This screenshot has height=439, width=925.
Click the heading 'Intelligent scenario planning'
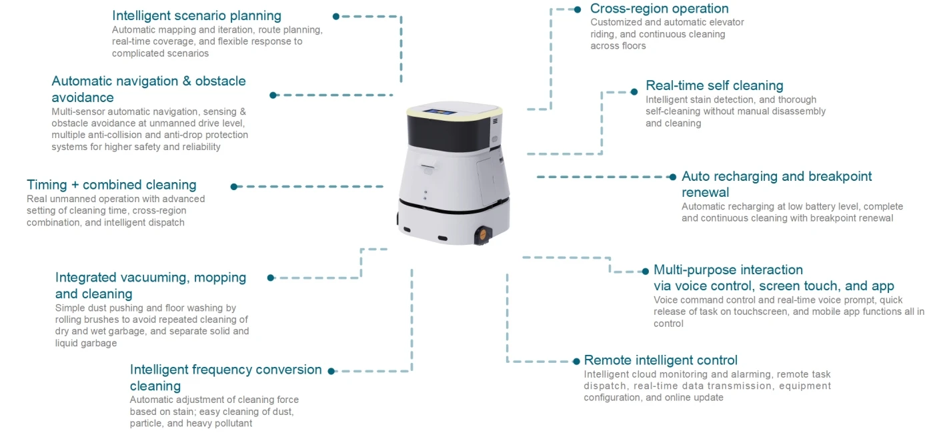coord(197,15)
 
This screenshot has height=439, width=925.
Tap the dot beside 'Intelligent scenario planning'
coord(336,16)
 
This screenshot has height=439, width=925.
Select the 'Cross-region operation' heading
coord(659,9)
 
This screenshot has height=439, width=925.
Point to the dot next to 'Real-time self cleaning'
coord(634,91)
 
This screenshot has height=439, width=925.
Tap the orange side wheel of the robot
coord(482,233)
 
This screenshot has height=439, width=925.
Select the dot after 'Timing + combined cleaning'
coord(234,187)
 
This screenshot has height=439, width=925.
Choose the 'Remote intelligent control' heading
coord(660,360)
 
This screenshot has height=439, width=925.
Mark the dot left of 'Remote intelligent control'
coord(576,361)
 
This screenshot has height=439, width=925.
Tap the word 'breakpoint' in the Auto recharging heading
coord(840,176)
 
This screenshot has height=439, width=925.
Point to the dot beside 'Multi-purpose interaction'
coord(645,272)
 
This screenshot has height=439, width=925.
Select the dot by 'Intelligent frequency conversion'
coord(331,370)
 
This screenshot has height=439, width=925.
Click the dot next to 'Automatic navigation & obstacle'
coord(273,95)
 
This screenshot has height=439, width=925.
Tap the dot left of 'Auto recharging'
coord(673,177)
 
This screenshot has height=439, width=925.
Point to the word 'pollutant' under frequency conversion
coord(231,423)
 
